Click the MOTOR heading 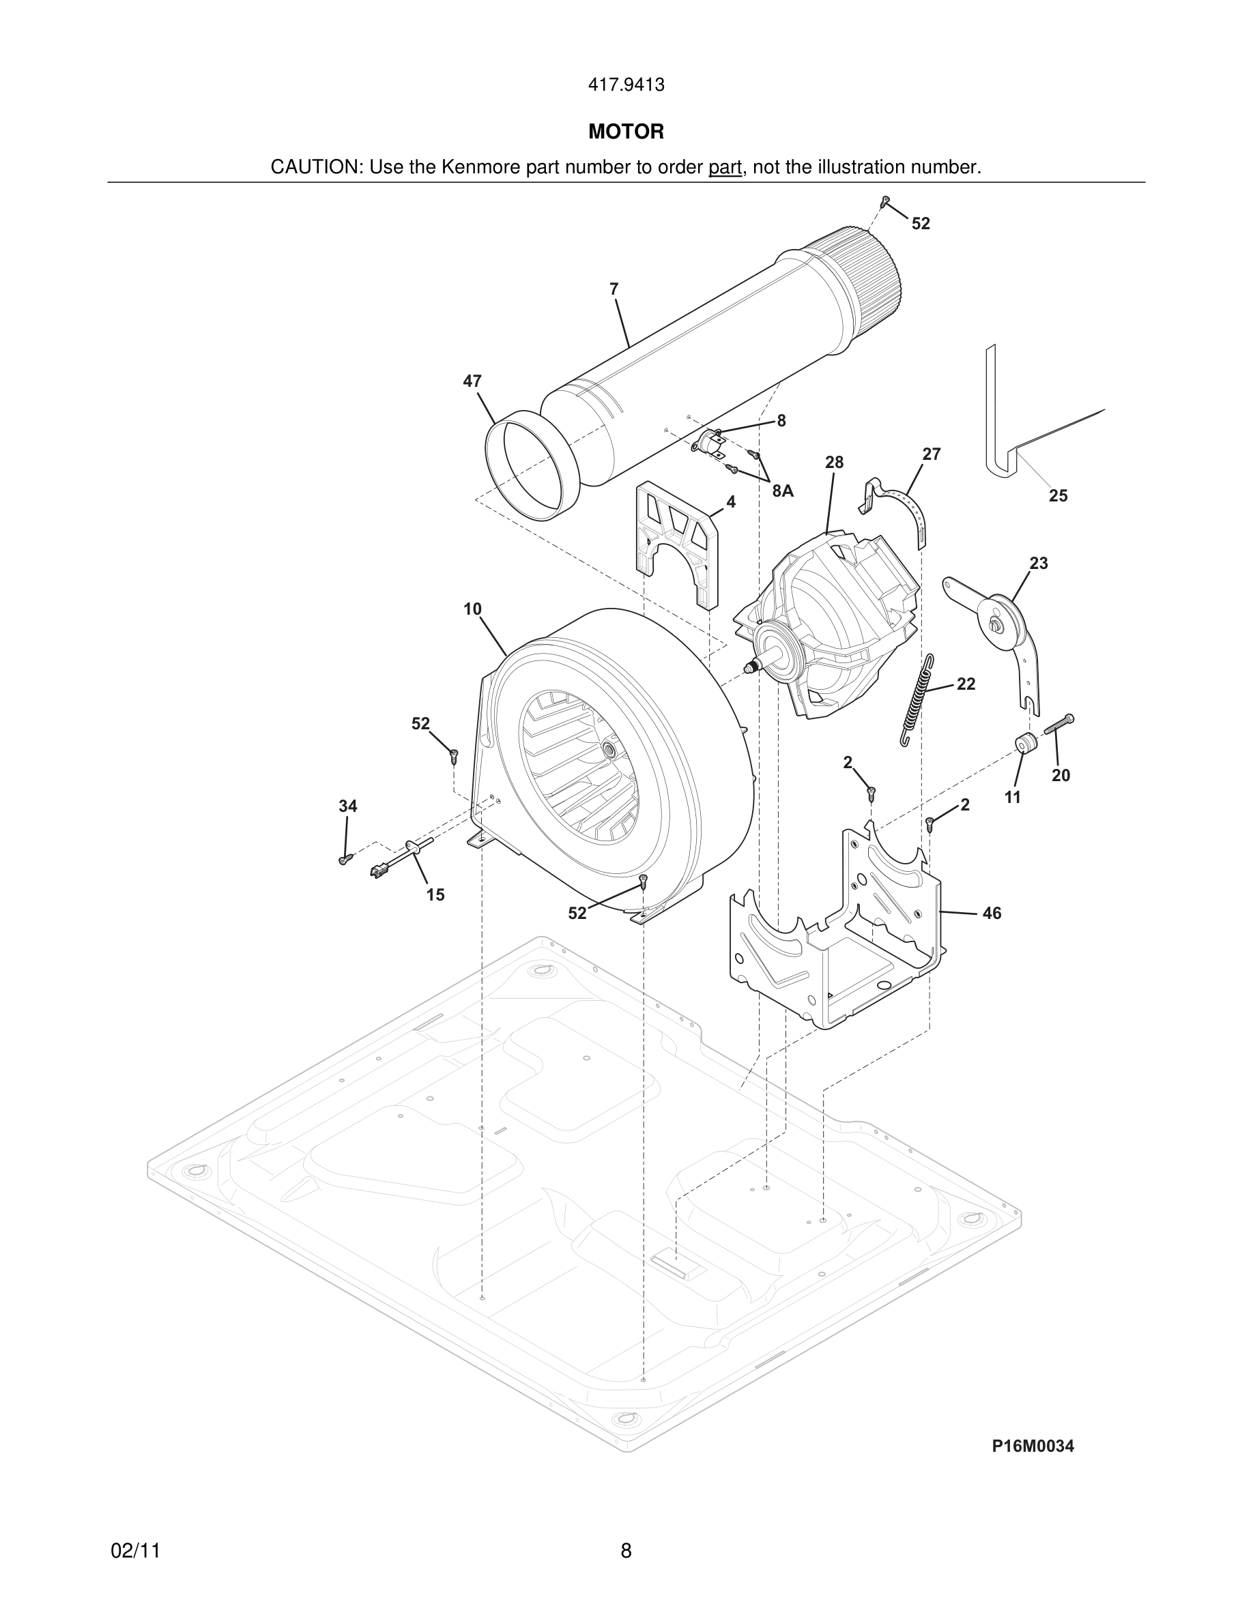pos(626,132)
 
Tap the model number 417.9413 pos(626,85)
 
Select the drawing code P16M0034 pos(1033,1445)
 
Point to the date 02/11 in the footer pos(135,1551)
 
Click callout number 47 pos(472,381)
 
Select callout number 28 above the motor pos(835,463)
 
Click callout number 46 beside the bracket pos(992,913)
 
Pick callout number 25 pos(1058,495)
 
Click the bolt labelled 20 pos(1059,725)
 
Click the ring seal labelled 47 pos(523,465)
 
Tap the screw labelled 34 pos(344,860)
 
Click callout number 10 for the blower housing pos(472,609)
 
